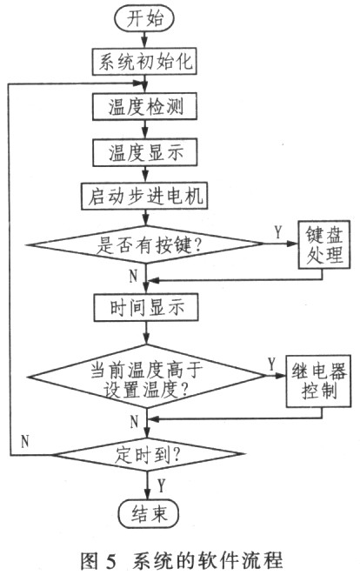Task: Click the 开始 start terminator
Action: pyautogui.click(x=144, y=18)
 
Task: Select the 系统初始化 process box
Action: pyautogui.click(x=144, y=62)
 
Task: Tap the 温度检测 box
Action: pyautogui.click(x=145, y=106)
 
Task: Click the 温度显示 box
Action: pyautogui.click(x=145, y=152)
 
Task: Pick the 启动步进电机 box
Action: pyautogui.click(x=144, y=197)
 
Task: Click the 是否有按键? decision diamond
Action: pyautogui.click(x=145, y=244)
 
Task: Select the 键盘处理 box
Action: pyautogui.click(x=323, y=244)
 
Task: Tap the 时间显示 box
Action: pyautogui.click(x=146, y=307)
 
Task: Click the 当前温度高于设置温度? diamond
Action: pyautogui.click(x=147, y=377)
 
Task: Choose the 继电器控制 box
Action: pyautogui.click(x=318, y=381)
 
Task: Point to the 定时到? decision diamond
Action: pyautogui.click(x=147, y=455)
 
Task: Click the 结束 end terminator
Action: pyautogui.click(x=149, y=513)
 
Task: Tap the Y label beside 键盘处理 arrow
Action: pyautogui.click(x=278, y=231)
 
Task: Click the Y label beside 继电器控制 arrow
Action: pyautogui.click(x=271, y=364)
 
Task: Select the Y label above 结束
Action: pyautogui.click(x=161, y=485)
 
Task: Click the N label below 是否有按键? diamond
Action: pyautogui.click(x=133, y=276)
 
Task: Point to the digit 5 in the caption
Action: pyautogui.click(x=110, y=561)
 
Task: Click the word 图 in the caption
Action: pyautogui.click(x=89, y=561)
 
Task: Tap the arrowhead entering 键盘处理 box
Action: pyautogui.click(x=293, y=243)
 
